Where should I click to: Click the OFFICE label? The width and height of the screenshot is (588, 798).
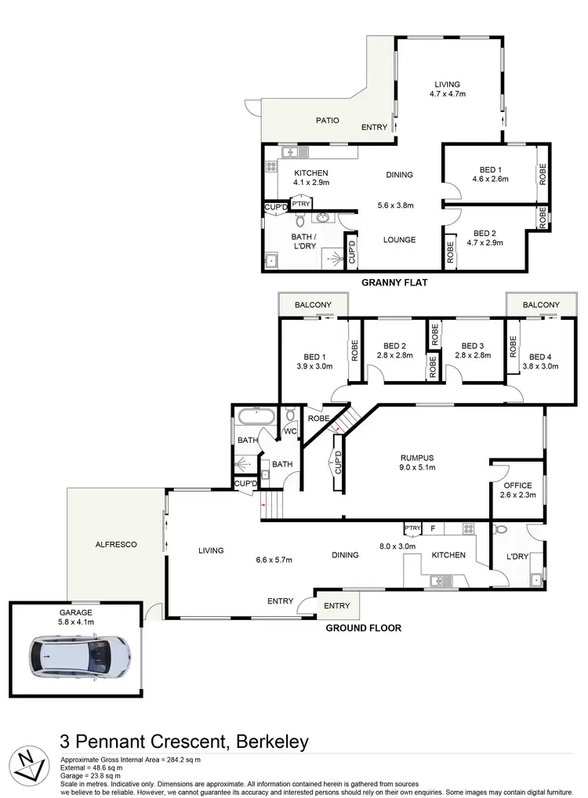point(518,485)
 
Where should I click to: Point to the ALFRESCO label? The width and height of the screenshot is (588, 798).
point(115,544)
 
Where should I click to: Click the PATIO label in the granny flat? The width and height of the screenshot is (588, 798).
point(327,121)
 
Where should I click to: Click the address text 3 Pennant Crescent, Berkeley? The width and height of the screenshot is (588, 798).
point(184,741)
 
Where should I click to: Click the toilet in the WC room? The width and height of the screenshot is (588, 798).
point(290,414)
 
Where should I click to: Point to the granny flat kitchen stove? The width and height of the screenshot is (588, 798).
point(272,166)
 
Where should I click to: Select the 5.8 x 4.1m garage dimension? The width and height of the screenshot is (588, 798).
point(75,622)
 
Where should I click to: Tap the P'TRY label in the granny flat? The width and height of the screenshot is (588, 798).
point(300,204)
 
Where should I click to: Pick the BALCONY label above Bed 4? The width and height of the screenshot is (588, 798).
point(541,305)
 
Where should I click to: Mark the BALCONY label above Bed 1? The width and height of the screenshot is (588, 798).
point(314,305)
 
